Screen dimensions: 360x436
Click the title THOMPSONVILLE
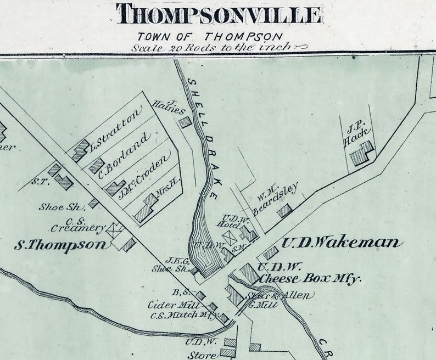click(x=218, y=14)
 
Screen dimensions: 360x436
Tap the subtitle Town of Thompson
click(x=210, y=37)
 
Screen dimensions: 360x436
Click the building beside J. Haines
click(x=185, y=122)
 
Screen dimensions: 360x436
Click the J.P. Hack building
click(x=362, y=154)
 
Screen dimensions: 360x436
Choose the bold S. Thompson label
click(x=62, y=245)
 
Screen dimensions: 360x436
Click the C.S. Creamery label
click(x=85, y=224)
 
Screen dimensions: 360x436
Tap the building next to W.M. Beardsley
click(x=284, y=211)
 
